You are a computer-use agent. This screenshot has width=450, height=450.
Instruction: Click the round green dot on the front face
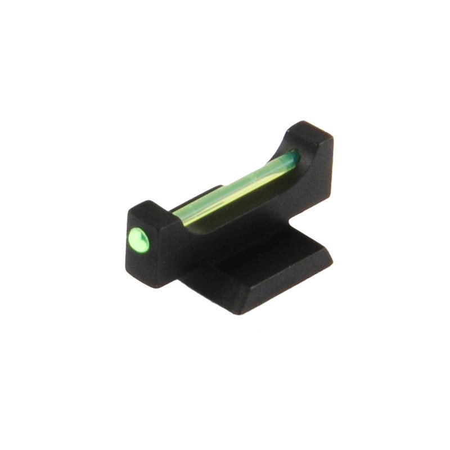pyautogui.click(x=139, y=240)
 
